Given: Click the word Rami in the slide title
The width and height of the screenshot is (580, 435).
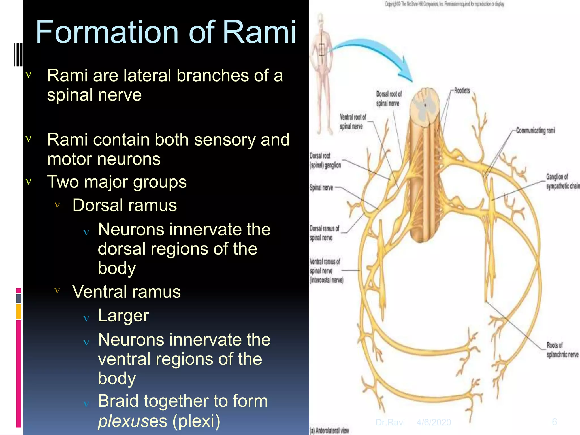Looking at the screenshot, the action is click(x=259, y=33).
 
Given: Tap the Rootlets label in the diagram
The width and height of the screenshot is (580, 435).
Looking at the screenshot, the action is click(x=462, y=91).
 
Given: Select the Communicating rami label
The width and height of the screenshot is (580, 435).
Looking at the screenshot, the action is click(x=535, y=131).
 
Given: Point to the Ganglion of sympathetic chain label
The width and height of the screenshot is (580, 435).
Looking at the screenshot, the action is click(x=562, y=181).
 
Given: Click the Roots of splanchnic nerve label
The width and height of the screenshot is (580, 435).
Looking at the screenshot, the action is click(x=562, y=350).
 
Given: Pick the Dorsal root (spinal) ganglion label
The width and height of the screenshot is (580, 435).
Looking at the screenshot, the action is click(x=325, y=161).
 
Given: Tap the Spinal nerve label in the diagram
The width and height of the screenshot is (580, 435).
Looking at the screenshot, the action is click(x=321, y=187).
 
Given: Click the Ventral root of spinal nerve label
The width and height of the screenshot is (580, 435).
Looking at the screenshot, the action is click(x=353, y=121).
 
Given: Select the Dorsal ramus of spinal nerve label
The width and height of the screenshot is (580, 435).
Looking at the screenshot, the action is click(x=324, y=233).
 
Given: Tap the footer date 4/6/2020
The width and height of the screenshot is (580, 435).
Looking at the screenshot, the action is click(x=434, y=422).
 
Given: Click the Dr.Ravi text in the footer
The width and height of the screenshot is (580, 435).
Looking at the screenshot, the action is click(x=390, y=422).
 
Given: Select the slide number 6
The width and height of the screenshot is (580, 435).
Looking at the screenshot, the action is click(x=554, y=422).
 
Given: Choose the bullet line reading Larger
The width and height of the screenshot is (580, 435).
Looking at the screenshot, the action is click(x=123, y=315).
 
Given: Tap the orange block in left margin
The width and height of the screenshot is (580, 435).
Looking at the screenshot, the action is click(x=18, y=311).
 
